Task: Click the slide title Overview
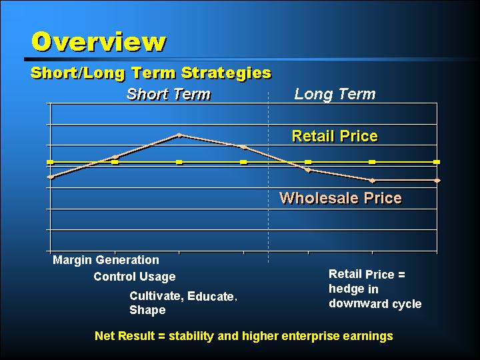coord(99,41)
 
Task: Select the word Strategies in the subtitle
coord(226,73)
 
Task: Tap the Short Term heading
coord(169,94)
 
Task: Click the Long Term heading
coord(335,94)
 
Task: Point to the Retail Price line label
coord(335,136)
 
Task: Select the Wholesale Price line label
coord(341,198)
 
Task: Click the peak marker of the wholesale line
coord(179,135)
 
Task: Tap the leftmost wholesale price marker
coord(51,177)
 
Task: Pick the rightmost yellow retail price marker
coord(437,162)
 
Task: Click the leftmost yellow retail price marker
coord(50,162)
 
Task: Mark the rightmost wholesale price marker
coord(437,180)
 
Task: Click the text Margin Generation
coord(106,260)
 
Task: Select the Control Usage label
coord(135,277)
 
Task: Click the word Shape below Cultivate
coord(147,310)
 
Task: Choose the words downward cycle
coord(375,303)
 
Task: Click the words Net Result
coord(125,336)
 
